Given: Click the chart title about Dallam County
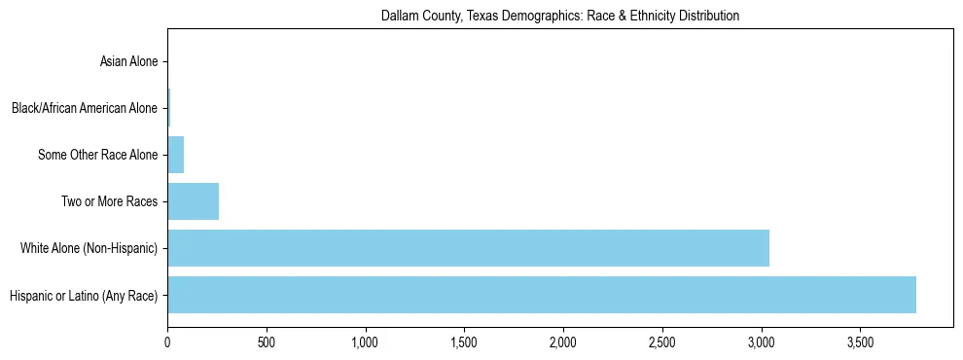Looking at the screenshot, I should (560, 16).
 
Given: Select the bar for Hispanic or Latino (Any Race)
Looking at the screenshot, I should (542, 295).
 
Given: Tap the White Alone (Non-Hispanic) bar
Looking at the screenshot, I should (468, 248).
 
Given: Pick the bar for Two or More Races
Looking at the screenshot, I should (193, 201).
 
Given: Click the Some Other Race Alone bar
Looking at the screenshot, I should (176, 155).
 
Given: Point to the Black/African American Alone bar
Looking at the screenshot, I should (169, 108).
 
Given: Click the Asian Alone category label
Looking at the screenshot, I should (128, 62).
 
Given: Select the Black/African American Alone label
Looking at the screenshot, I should (85, 108).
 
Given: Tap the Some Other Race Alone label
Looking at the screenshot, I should (97, 155).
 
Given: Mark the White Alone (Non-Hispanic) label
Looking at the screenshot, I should (89, 248).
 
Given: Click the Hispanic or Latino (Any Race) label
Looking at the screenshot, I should (83, 295).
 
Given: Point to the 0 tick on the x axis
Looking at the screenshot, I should (167, 343).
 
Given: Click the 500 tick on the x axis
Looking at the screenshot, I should (267, 343).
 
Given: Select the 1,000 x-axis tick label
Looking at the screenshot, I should (366, 343).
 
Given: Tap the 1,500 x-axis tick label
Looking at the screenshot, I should (464, 343).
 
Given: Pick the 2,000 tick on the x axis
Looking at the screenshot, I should (563, 343).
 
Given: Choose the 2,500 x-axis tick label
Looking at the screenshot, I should (662, 343).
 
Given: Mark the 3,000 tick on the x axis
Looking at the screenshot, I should (761, 343).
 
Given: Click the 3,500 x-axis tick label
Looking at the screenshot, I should (860, 343).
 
